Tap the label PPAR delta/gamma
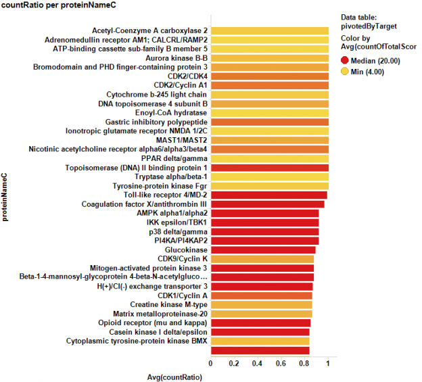click(x=174, y=158)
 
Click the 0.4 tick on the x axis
click(x=258, y=363)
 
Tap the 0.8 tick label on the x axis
click(x=305, y=363)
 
